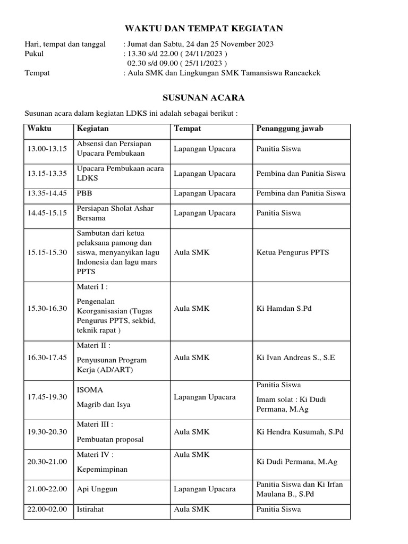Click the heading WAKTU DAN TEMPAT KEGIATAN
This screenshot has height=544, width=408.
(x=203, y=29)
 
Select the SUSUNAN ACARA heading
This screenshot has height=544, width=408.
(x=203, y=98)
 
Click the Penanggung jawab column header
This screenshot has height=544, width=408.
(x=290, y=129)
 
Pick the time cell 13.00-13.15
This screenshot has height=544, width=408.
(x=47, y=149)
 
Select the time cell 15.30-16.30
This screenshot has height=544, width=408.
(x=47, y=308)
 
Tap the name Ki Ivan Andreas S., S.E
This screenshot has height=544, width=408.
(x=295, y=358)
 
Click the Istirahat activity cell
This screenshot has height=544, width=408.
(x=90, y=509)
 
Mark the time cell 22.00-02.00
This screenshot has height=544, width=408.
(x=47, y=509)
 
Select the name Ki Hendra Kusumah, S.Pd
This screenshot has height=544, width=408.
(x=300, y=431)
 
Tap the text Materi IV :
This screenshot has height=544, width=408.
(x=96, y=455)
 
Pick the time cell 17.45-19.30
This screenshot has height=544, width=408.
(x=47, y=397)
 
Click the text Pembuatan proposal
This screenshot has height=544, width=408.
(x=110, y=439)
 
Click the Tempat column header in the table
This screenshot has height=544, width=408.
(x=188, y=129)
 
